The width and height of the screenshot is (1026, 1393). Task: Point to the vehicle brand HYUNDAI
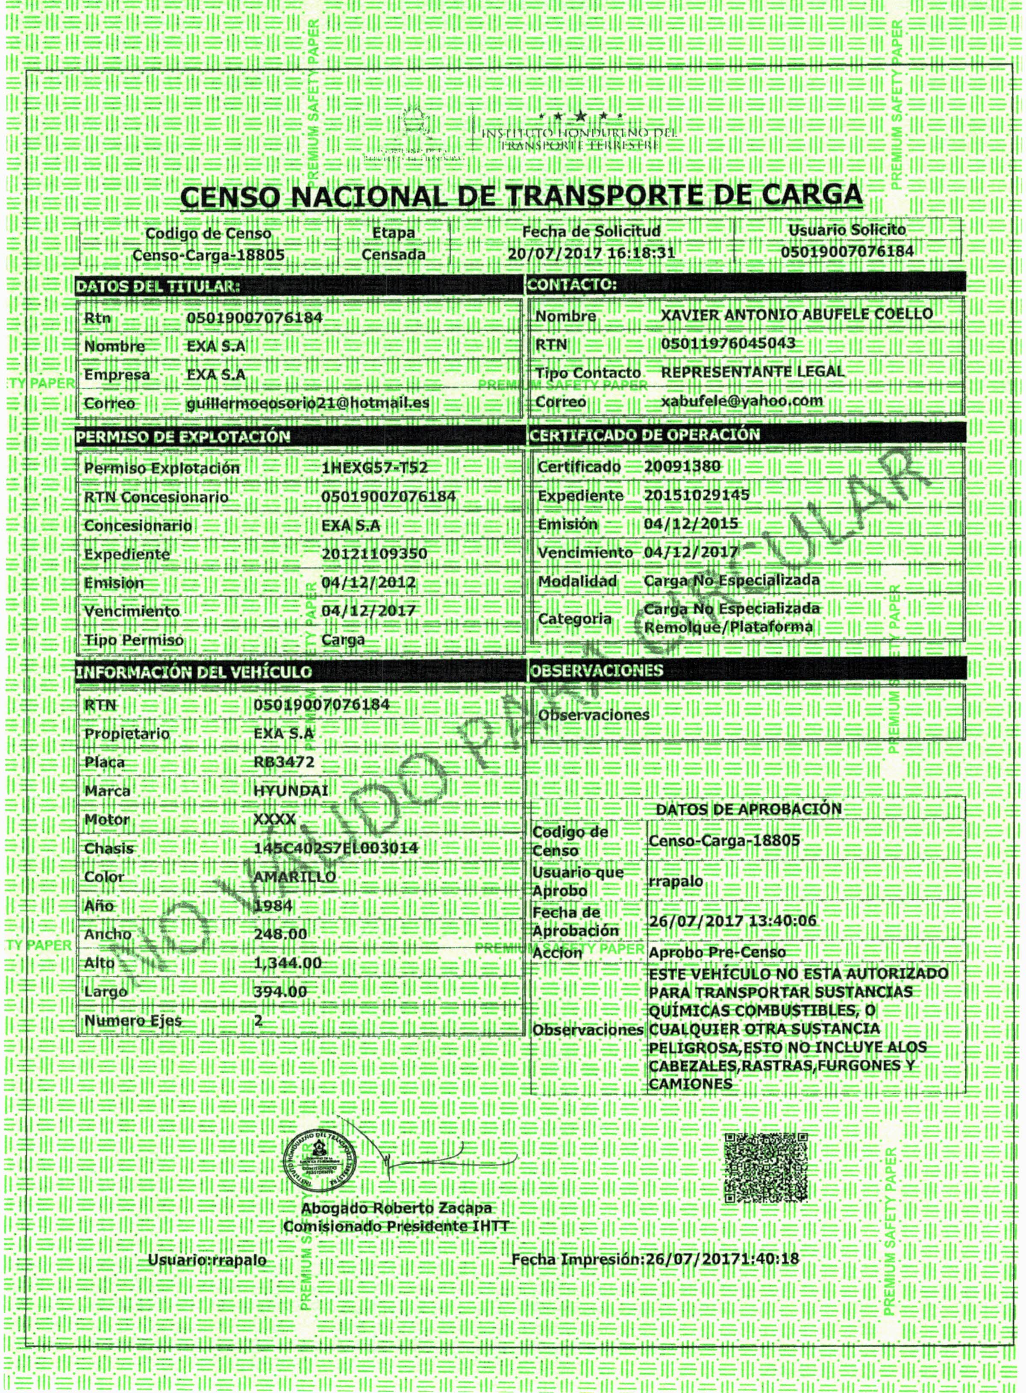tap(291, 791)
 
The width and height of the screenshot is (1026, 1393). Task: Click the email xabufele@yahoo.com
tap(742, 401)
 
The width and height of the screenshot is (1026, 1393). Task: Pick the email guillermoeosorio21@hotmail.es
tap(307, 403)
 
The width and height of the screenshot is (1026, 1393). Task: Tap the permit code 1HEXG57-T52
tap(375, 467)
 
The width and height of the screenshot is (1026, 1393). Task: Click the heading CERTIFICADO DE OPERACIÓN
tap(644, 434)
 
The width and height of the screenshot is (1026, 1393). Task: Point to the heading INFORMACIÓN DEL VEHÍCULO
tap(193, 671)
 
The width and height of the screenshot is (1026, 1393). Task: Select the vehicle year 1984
tap(273, 905)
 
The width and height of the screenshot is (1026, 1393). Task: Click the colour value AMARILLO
tap(295, 876)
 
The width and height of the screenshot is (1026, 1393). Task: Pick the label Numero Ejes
tap(133, 1020)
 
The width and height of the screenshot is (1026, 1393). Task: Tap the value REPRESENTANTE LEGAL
tap(752, 371)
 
